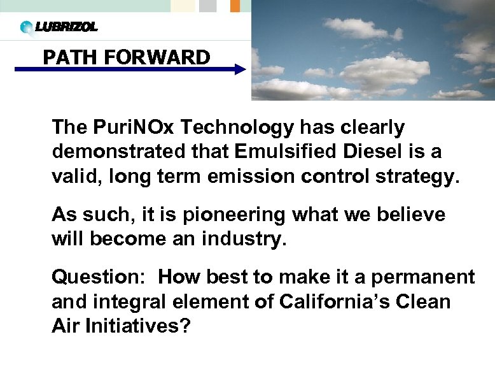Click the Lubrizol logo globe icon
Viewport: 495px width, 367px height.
(x=26, y=27)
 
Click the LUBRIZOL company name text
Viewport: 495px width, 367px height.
(x=66, y=27)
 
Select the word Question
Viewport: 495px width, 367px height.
(x=100, y=278)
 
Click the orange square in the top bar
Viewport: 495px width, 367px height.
(x=234, y=6)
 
